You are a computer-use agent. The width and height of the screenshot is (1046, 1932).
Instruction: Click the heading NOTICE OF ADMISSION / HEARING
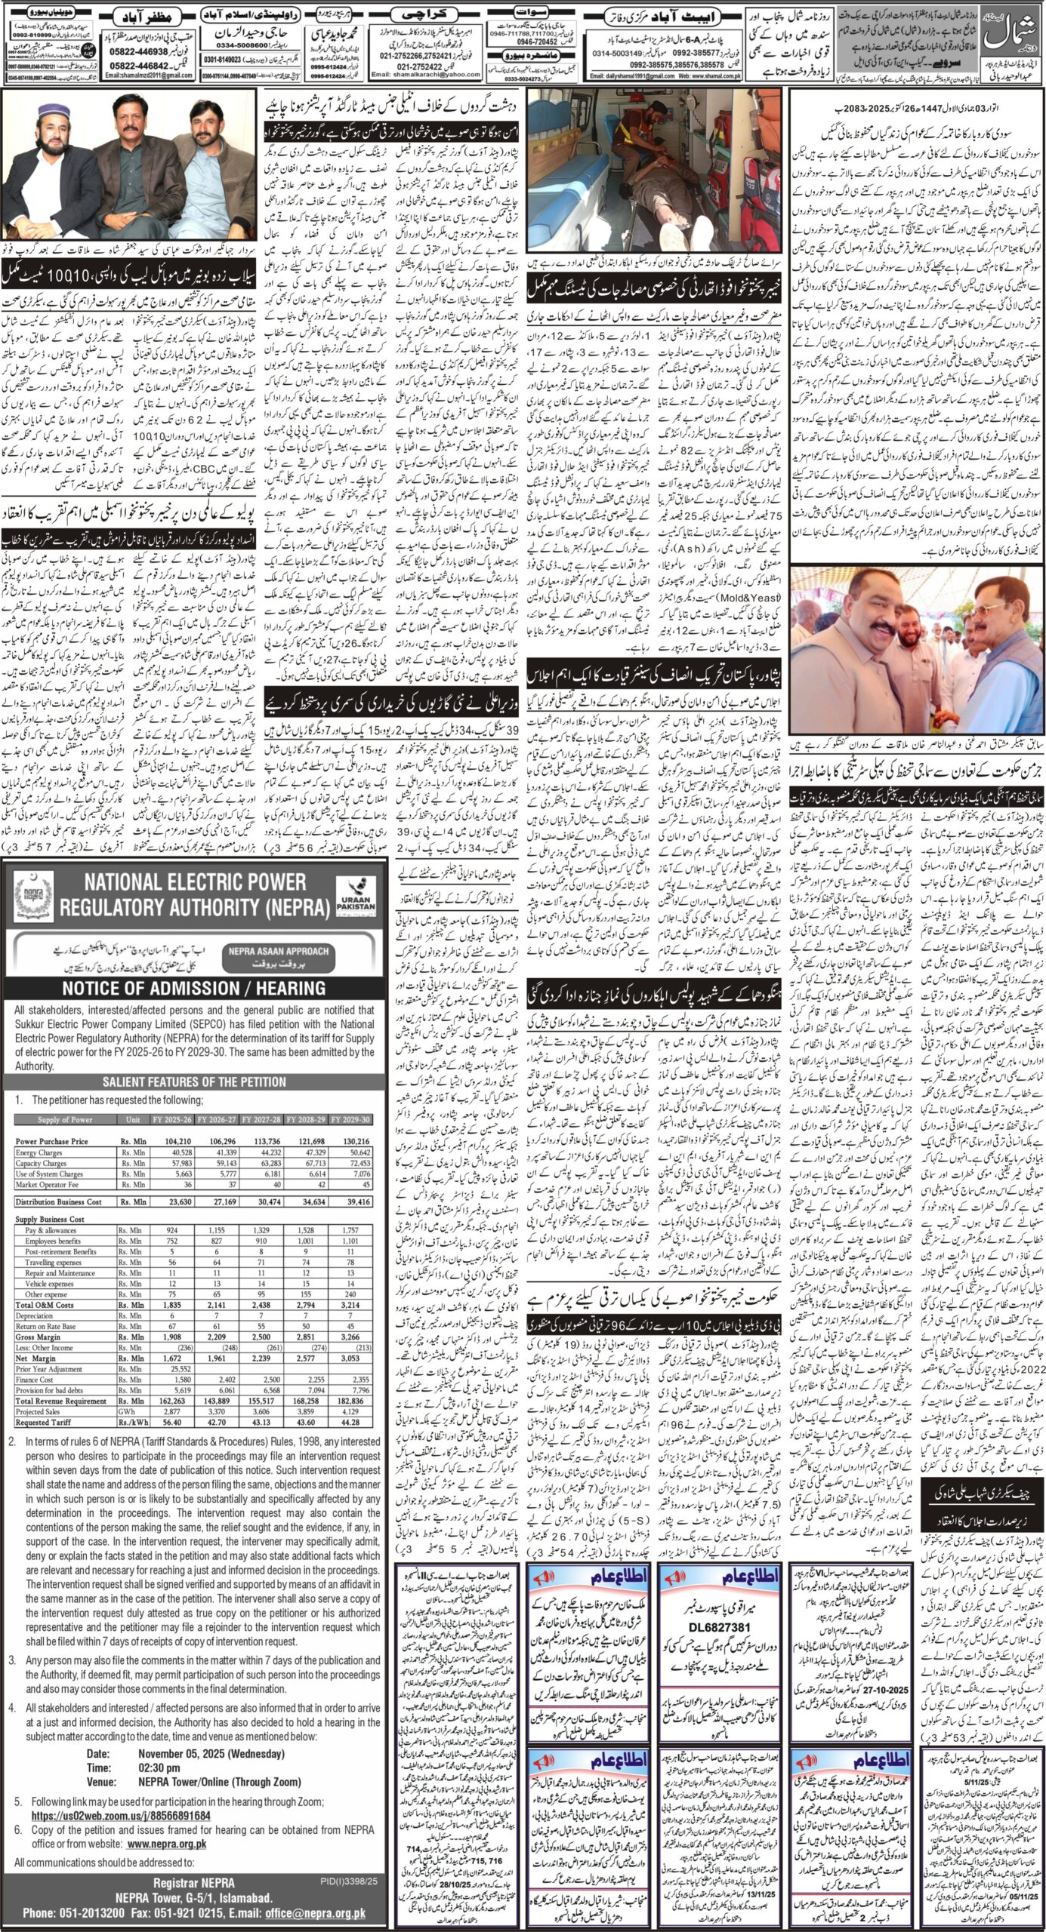(x=194, y=988)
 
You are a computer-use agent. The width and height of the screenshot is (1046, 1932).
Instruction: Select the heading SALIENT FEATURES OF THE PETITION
(x=194, y=1081)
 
